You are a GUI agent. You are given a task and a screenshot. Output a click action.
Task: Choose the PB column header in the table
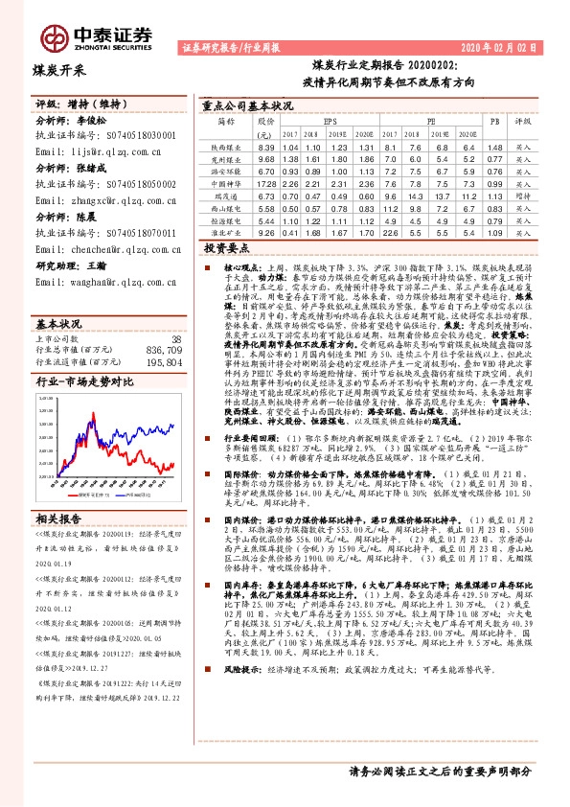[494, 123]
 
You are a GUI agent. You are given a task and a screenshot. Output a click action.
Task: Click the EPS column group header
[331, 123]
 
